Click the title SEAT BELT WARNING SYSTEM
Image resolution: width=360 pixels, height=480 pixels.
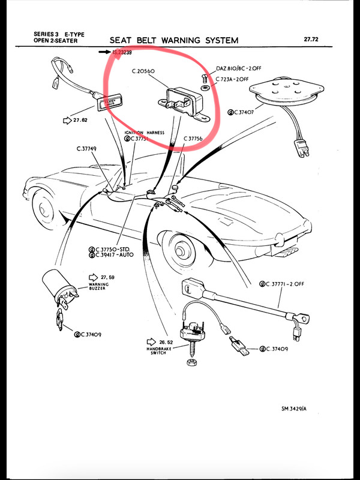[x=174, y=40]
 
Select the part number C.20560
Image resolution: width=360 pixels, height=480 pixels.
[x=143, y=71]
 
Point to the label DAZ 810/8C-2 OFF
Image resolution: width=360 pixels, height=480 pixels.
[x=238, y=68]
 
